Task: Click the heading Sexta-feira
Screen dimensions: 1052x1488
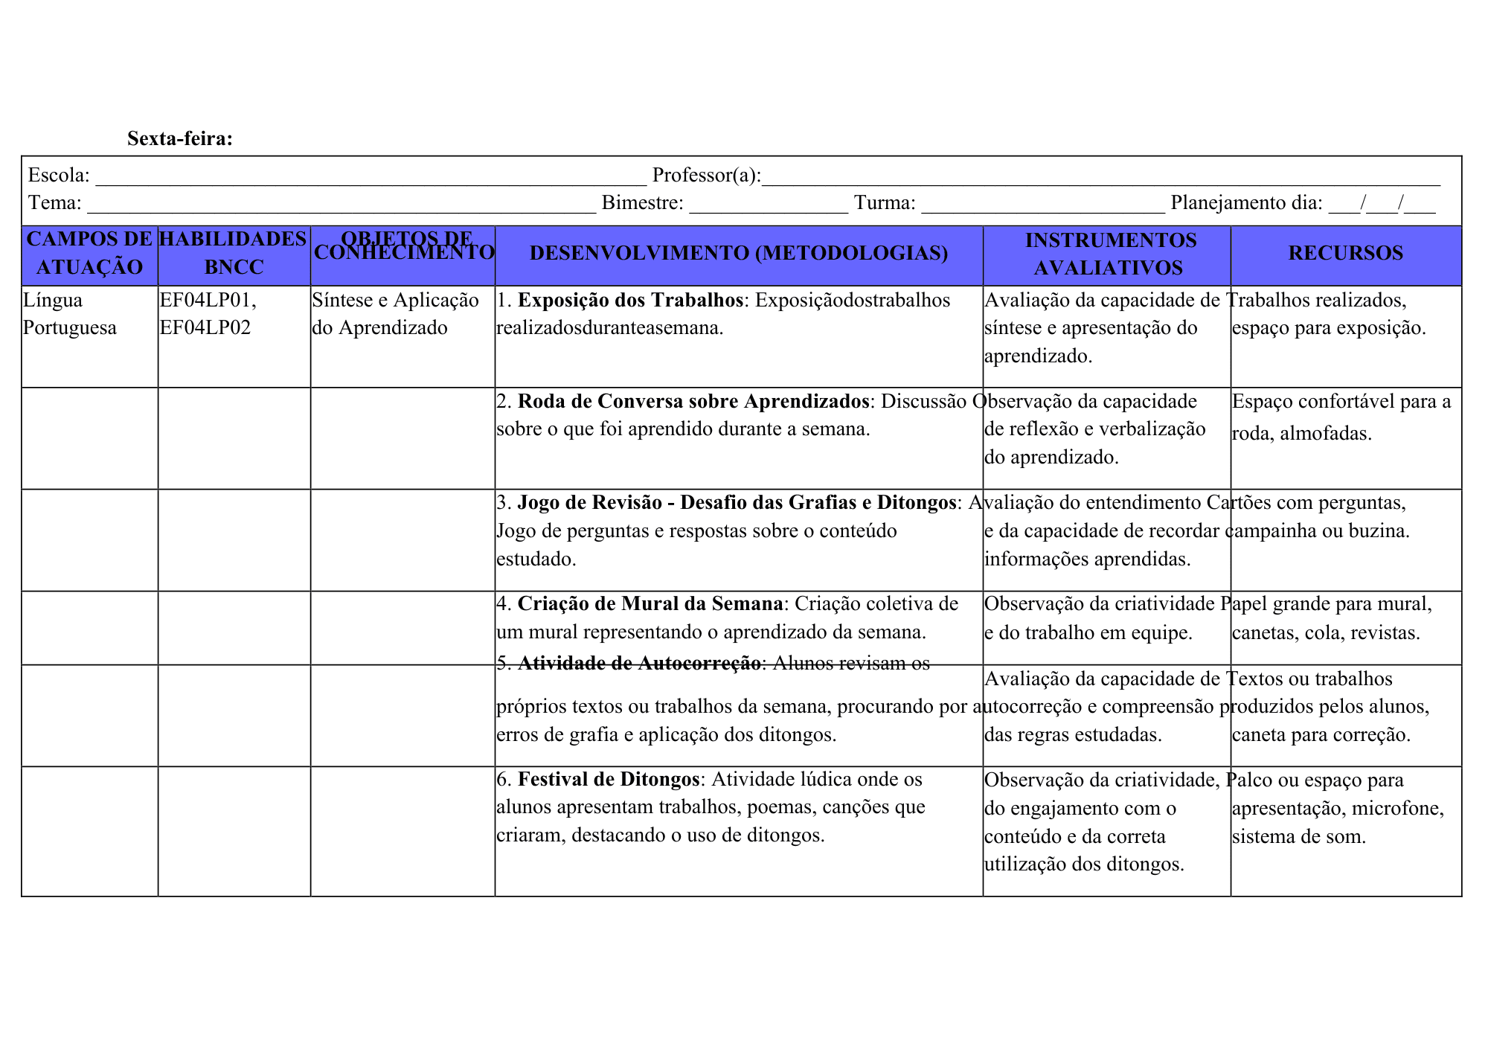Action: coord(180,138)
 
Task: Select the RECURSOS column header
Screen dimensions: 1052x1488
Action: coord(1345,253)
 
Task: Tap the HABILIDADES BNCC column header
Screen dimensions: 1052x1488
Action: coord(234,253)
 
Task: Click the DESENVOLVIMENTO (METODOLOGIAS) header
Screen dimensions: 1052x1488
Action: coord(739,253)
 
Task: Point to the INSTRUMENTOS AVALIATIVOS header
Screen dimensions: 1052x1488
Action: coord(1109,254)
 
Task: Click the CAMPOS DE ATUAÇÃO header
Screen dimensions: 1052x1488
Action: coord(90,253)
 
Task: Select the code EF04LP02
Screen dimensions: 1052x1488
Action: coord(205,328)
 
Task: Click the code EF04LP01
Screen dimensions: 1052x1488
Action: coord(207,301)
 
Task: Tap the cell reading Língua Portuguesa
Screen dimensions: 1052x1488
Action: coord(70,314)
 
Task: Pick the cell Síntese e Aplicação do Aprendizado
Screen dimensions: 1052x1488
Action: coord(395,314)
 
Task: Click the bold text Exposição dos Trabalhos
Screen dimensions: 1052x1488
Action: coord(630,300)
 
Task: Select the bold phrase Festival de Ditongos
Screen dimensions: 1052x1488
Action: coord(609,779)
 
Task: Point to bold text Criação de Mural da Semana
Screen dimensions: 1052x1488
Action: coord(650,603)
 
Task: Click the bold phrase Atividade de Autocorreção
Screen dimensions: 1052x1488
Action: coord(639,663)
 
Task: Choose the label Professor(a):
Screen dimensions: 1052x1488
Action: coord(706,176)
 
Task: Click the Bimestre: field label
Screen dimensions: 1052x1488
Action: coord(642,203)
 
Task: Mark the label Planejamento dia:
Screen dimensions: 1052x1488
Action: coord(1246,203)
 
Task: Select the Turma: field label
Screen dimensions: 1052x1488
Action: coord(885,203)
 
